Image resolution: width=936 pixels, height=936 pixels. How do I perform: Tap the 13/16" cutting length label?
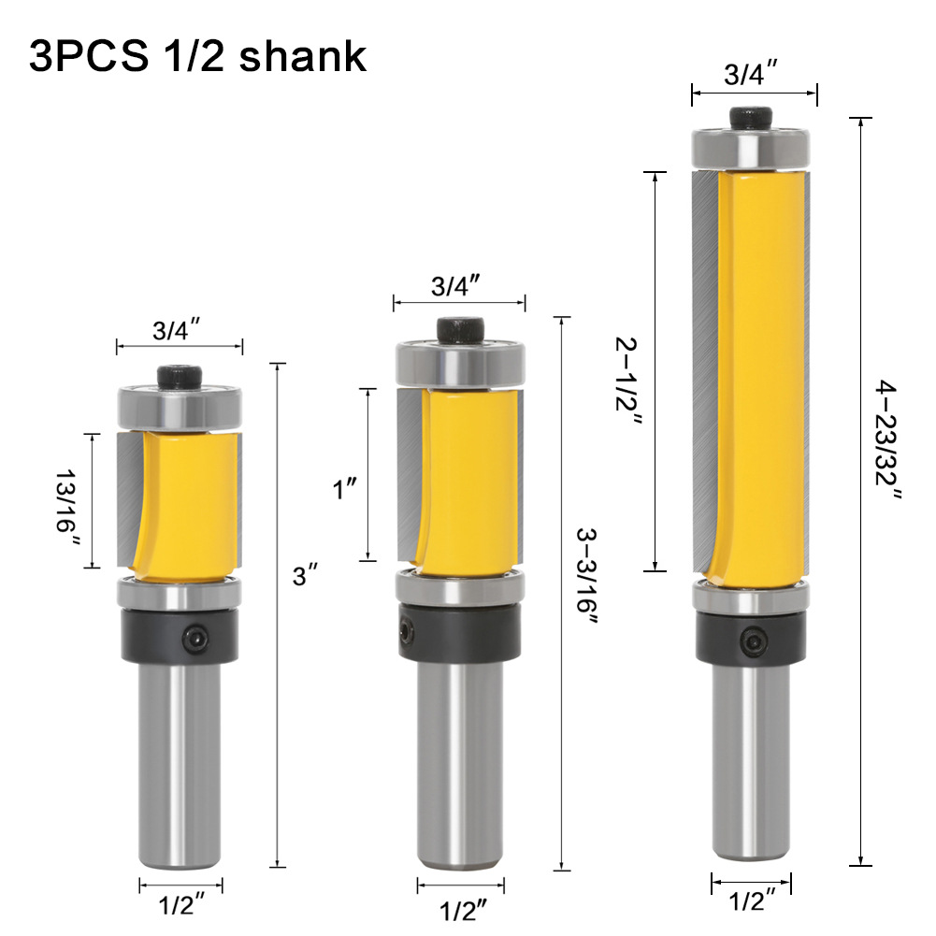point(67,500)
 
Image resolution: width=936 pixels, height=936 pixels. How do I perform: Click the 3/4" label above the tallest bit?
point(754,76)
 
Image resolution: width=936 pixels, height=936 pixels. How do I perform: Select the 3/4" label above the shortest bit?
point(179,330)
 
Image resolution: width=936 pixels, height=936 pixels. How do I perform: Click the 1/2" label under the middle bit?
point(461,906)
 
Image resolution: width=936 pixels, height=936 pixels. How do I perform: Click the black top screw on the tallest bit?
point(754,120)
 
